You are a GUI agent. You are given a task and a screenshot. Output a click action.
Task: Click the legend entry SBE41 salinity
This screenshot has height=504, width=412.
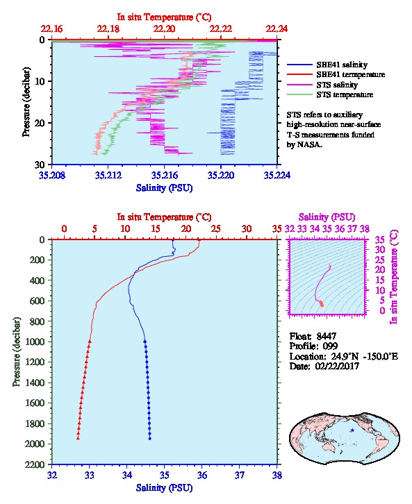click(342, 65)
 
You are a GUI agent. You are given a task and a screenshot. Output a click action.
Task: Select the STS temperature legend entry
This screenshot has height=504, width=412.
click(345, 94)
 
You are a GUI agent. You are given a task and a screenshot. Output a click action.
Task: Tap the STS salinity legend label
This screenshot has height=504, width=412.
click(337, 85)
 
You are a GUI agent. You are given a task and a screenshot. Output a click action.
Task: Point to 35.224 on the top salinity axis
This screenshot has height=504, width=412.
click(277, 175)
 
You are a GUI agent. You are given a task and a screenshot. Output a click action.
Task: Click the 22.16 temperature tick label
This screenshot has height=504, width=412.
click(52, 29)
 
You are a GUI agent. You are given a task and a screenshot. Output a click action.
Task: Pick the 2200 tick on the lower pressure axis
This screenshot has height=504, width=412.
click(35, 464)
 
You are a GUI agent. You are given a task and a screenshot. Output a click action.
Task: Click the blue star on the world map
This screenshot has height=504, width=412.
click(352, 430)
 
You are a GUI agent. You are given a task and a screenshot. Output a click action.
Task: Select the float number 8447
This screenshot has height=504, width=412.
click(326, 336)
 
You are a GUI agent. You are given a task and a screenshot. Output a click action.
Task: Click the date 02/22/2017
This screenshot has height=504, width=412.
click(337, 366)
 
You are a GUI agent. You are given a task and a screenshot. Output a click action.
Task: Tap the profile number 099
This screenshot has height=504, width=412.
click(330, 346)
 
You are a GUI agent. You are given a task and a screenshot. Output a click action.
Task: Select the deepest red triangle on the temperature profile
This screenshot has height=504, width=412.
click(78, 438)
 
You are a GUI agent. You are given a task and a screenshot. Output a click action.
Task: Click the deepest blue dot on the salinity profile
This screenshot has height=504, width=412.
click(149, 438)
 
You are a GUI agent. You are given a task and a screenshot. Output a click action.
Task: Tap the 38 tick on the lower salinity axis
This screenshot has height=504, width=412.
click(277, 475)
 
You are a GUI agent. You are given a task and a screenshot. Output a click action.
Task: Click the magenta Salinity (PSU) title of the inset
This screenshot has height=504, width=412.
click(327, 217)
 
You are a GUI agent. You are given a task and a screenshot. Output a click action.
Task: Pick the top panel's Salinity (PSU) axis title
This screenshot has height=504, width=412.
click(164, 187)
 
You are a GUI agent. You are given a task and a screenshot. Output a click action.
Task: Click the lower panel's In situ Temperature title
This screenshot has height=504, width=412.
click(164, 217)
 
